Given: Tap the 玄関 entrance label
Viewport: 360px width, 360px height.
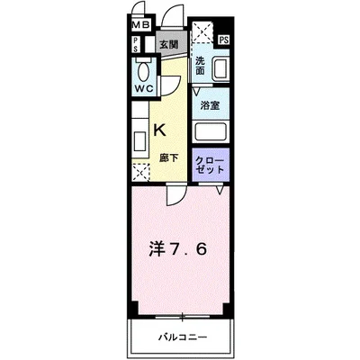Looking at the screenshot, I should (x=167, y=44).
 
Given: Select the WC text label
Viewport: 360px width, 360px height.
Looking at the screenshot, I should (x=144, y=88).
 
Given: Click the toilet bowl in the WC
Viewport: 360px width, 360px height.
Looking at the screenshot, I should (x=143, y=71).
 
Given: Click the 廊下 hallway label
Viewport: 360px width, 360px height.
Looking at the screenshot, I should (x=166, y=158).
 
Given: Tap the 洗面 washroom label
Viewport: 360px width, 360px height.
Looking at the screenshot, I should (x=200, y=65).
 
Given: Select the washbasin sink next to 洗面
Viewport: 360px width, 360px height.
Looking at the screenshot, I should (x=219, y=68).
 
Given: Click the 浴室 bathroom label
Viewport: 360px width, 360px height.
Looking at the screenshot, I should (x=209, y=104).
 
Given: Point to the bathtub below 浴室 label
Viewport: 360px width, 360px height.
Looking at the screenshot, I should (x=211, y=130).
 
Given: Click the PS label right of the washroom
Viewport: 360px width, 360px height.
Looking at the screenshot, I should (x=222, y=40).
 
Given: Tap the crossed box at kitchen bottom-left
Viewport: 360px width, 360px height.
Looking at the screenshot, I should (x=139, y=172).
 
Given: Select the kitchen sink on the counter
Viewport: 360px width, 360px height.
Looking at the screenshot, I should (x=139, y=142).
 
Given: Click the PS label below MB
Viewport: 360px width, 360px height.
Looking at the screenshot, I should (x=135, y=45).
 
